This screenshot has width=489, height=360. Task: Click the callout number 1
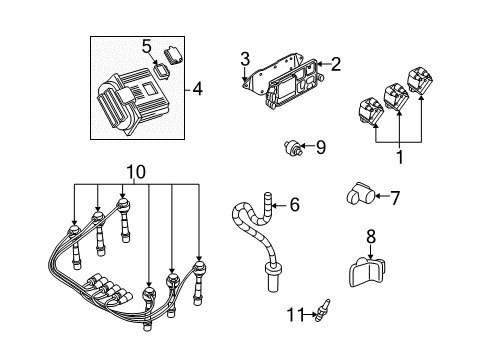[400, 158]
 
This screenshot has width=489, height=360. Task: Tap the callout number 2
[335, 65]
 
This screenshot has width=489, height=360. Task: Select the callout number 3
[245, 59]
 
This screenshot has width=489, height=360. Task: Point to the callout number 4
[197, 90]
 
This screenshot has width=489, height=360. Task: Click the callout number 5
[146, 46]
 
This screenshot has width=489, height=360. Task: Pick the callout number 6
[293, 205]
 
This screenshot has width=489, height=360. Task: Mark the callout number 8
[372, 237]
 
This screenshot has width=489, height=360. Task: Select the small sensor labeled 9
[293, 148]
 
